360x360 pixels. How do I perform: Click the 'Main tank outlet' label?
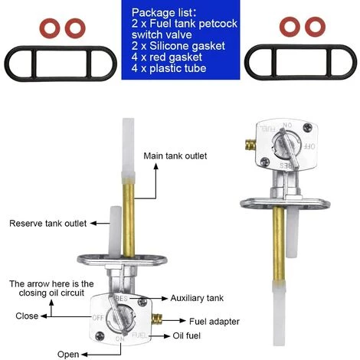(176, 156)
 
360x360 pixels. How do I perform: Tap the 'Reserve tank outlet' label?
(47, 224)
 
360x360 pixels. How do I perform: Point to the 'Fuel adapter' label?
(213, 320)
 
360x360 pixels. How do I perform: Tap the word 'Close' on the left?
(27, 316)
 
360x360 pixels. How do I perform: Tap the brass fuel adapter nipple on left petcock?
(159, 319)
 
